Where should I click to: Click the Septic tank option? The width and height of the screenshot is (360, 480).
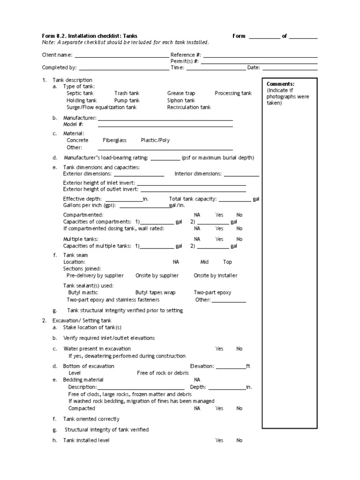pyautogui.click(x=80, y=93)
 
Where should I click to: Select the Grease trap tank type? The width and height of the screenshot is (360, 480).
pyautogui.click(x=181, y=93)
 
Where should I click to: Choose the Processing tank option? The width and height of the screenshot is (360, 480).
pyautogui.click(x=233, y=93)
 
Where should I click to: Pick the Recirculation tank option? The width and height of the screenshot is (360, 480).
pyautogui.click(x=189, y=107)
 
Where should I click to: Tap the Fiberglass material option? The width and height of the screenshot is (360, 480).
pyautogui.click(x=115, y=140)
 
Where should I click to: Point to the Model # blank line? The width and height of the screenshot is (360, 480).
pyautogui.click(x=165, y=126)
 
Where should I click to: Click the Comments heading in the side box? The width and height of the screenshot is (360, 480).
pyautogui.click(x=280, y=84)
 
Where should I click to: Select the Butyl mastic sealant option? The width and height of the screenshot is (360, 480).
pyautogui.click(x=84, y=292)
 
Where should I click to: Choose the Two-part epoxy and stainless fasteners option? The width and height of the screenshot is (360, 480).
pyautogui.click(x=113, y=300)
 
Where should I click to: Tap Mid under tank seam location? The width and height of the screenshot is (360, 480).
pyautogui.click(x=204, y=262)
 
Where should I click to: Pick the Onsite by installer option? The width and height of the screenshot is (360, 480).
pyautogui.click(x=215, y=276)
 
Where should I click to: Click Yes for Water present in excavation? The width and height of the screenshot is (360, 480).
pyautogui.click(x=219, y=349)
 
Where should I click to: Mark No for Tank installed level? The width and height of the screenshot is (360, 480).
pyautogui.click(x=240, y=440)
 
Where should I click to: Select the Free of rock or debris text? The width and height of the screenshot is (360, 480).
pyautogui.click(x=163, y=373)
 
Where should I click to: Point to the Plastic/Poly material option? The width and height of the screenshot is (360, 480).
pyautogui.click(x=156, y=140)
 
